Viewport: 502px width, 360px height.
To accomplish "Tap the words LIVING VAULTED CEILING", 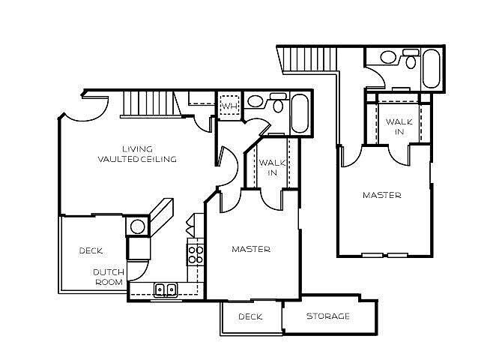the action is click(x=136, y=154).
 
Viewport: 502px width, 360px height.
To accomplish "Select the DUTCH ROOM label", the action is click(x=109, y=277).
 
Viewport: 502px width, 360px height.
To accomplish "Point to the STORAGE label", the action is click(x=328, y=316).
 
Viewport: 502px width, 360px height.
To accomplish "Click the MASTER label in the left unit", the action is click(x=251, y=249).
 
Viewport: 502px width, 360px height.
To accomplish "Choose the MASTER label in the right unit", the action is click(x=382, y=195).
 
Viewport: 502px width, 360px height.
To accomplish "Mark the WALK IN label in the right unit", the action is click(x=396, y=127).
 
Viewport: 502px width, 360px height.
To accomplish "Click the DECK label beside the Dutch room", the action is click(x=91, y=250).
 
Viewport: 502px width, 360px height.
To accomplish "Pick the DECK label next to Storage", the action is click(x=250, y=316).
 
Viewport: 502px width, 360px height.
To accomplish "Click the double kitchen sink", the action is click(x=165, y=289).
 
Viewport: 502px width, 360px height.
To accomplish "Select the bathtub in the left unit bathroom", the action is click(x=300, y=112).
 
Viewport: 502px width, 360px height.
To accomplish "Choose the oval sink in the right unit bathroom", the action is click(x=388, y=57).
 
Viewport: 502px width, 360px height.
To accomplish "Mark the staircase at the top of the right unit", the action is click(x=307, y=59).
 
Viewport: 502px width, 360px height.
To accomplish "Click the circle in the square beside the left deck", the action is click(x=138, y=226).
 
